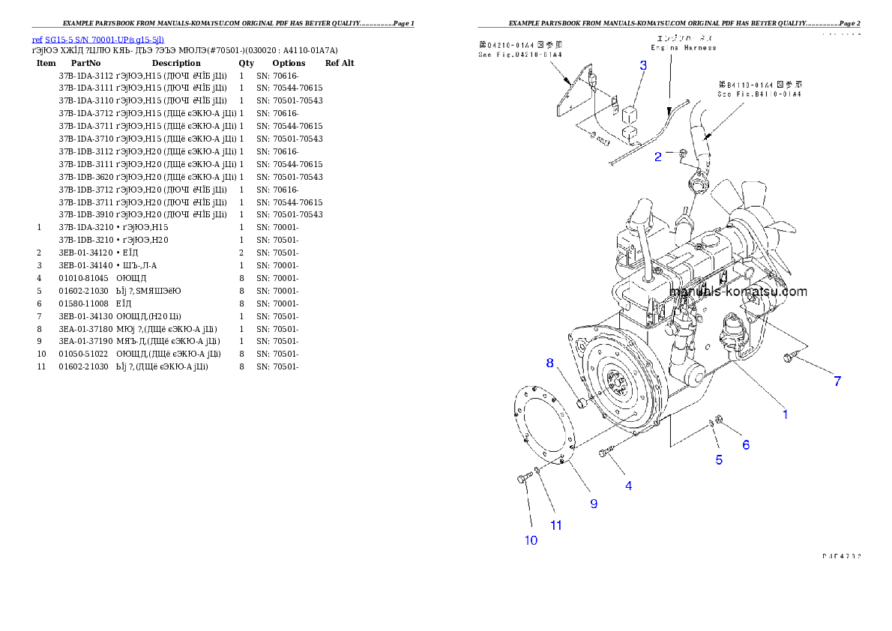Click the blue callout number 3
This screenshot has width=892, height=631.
click(643, 65)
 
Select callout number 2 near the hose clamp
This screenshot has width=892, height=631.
click(658, 157)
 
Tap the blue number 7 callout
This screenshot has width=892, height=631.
click(837, 381)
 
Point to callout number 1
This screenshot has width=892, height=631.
click(786, 414)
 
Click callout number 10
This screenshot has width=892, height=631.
click(531, 540)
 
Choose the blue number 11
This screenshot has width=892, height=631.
click(556, 525)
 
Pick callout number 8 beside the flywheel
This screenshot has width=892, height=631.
click(550, 363)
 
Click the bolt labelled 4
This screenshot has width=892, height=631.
click(606, 452)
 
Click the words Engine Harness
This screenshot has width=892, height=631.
click(683, 47)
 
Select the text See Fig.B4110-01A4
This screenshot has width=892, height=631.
click(749, 94)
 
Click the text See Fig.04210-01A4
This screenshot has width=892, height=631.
click(520, 55)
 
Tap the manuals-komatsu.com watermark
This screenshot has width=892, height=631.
click(738, 292)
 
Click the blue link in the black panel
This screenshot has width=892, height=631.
click(97, 40)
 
